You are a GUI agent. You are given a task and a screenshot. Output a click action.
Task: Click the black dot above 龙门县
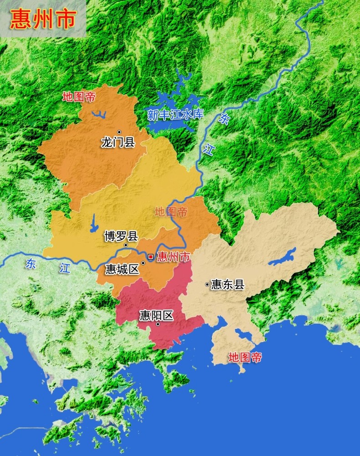pyautogui.click(x=119, y=132)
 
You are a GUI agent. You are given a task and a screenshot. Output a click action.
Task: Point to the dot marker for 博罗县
pyautogui.click(x=126, y=245)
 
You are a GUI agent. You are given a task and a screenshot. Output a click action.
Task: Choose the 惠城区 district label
pyautogui.click(x=122, y=269)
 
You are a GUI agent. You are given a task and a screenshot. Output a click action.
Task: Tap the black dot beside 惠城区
pyautogui.click(x=143, y=263)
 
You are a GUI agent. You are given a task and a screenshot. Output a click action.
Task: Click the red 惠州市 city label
pyautogui.click(x=173, y=257)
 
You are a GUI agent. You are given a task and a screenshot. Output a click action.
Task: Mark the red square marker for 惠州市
pyautogui.click(x=150, y=257)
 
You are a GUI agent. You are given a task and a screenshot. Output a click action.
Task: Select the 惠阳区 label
pyautogui.click(x=156, y=315)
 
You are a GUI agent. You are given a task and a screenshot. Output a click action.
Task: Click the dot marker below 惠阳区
pyautogui.click(x=158, y=324)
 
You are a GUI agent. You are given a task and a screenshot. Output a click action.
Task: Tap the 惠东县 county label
pyautogui.click(x=228, y=285)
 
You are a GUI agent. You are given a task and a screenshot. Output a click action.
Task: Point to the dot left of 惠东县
pyautogui.click(x=207, y=285)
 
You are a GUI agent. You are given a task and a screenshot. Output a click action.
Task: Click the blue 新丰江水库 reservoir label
pyautogui.click(x=175, y=114)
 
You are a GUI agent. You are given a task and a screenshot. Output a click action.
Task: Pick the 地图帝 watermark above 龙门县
pyautogui.click(x=79, y=97)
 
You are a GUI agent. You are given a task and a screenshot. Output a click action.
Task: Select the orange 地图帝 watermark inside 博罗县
pyautogui.click(x=171, y=212)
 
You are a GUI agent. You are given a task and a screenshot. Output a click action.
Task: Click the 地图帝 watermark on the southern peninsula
pyautogui.click(x=245, y=358)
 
